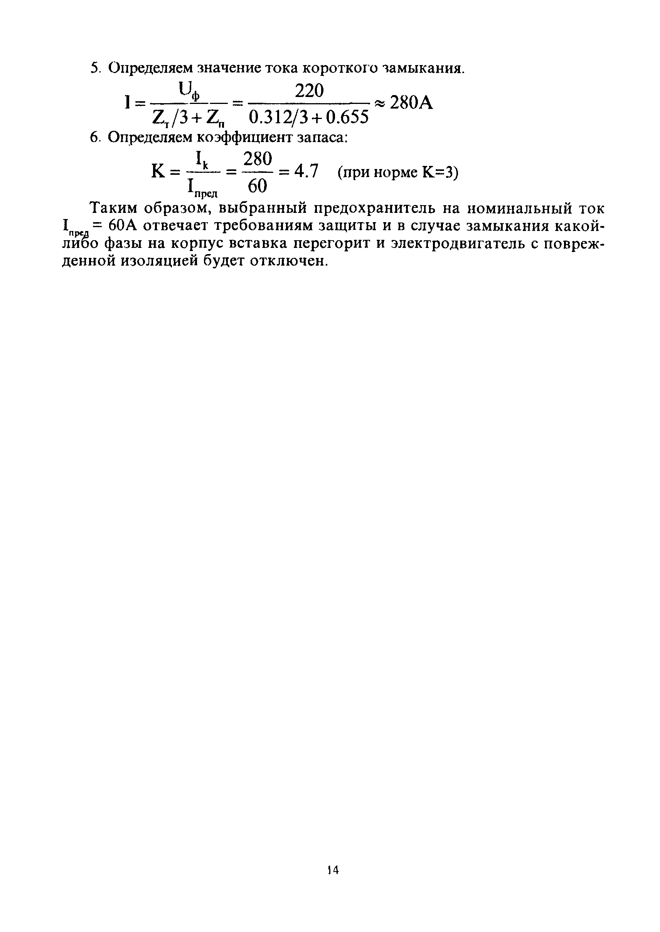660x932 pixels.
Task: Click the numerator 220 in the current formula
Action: pyautogui.click(x=309, y=91)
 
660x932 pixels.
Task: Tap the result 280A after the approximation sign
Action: pyautogui.click(x=411, y=104)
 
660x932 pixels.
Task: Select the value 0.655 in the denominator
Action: pyautogui.click(x=347, y=117)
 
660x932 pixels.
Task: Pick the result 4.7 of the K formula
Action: pyautogui.click(x=306, y=172)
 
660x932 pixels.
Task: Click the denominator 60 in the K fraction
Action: pyautogui.click(x=257, y=186)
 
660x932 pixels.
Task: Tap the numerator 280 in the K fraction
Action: pyautogui.click(x=258, y=159)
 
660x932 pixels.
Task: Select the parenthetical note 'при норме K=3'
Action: pyautogui.click(x=398, y=173)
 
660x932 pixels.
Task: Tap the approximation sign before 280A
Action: pyautogui.click(x=379, y=104)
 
